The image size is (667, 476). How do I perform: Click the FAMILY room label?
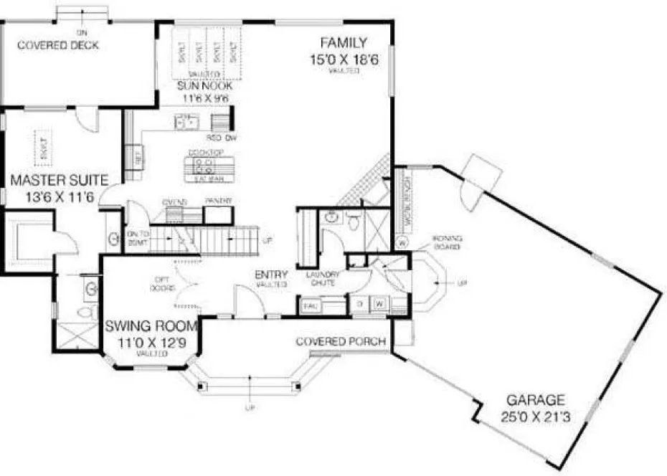(344, 42)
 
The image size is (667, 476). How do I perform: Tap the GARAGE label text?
(536, 400)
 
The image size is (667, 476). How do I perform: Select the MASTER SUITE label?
(60, 179)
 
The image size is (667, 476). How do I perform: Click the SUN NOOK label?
(206, 86)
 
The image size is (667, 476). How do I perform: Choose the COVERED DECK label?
(58, 45)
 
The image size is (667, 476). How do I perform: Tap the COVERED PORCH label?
(341, 341)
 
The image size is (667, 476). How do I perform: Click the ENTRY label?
(272, 275)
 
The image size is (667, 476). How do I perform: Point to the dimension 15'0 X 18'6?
(344, 60)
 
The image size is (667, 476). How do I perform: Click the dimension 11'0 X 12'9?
(151, 342)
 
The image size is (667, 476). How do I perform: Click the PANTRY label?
(217, 201)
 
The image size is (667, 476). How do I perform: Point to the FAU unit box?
(311, 306)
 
